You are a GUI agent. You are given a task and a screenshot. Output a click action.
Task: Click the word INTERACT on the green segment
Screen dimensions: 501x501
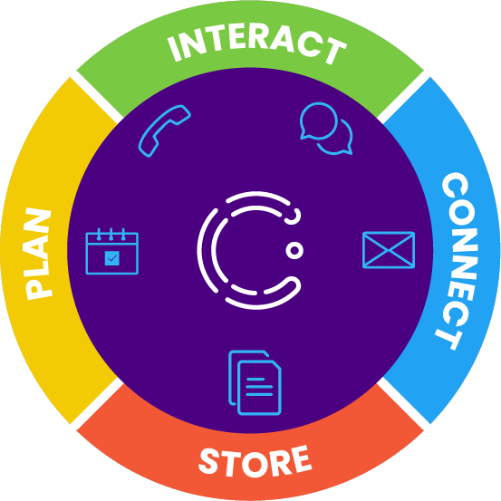coord(256,44)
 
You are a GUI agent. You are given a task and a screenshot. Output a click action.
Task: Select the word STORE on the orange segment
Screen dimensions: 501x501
coord(255,461)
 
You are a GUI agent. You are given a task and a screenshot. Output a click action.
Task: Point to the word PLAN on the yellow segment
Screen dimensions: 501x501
coord(38,254)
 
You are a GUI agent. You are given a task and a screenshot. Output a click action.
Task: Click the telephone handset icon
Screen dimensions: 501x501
coord(164,130)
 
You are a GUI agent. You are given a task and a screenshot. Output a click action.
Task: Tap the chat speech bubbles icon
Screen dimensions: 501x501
coord(326,129)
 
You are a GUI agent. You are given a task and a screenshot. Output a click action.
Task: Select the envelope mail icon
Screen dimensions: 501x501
coord(389,250)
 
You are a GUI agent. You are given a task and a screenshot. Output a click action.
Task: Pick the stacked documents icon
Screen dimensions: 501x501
coord(255,383)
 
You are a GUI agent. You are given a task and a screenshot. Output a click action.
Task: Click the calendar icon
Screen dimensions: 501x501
coord(111,251)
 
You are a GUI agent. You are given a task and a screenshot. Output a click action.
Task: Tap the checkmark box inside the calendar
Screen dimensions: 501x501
coord(111,258)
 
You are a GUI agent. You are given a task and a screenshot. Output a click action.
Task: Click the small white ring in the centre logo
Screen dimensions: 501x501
coord(294,250)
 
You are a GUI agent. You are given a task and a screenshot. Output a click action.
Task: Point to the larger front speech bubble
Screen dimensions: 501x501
coord(318,121)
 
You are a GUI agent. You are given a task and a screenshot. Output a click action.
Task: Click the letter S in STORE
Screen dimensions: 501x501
coord(209,461)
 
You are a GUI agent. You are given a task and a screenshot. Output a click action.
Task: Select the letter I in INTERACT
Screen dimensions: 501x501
coord(175,49)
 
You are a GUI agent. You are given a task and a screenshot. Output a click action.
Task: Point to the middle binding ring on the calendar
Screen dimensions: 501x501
coord(111,235)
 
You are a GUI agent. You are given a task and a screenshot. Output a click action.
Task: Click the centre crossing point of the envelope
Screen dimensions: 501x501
coord(389,250)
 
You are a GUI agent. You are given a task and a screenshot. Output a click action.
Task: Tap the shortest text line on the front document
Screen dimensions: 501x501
coord(255,380)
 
